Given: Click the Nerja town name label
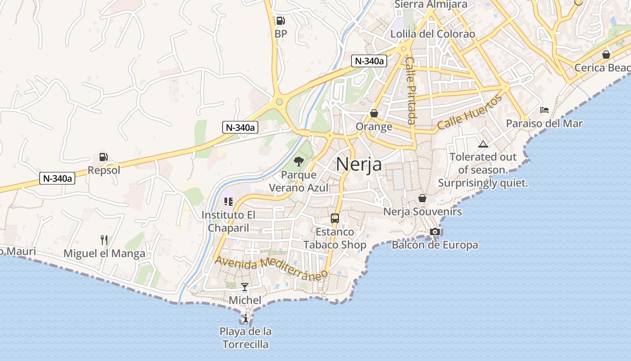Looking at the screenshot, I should coord(359,164).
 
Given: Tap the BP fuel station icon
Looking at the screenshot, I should coord(280,20).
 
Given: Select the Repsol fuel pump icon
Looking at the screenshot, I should coord(104,157).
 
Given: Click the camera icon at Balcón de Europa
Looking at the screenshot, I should coord(434,231).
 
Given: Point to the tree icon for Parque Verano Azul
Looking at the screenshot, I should coord(298,161).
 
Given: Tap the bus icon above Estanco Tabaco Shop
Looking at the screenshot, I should coord(334,218).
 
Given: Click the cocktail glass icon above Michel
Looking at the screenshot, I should coord(245,287).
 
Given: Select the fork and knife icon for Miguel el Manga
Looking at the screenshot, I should coord(104,240).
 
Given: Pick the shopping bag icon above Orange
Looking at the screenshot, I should coord(374,113).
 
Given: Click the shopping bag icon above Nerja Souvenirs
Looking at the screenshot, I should coord(422,198).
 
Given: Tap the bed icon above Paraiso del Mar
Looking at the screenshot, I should coord(544,110).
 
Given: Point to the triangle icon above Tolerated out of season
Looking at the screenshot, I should coord(483,144).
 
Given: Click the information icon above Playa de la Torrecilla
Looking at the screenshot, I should coord(245,318).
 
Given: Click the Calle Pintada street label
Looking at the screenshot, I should coord(411,90).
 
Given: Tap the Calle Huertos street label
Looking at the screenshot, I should coord(469,113).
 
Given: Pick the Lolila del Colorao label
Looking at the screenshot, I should coord(433,34).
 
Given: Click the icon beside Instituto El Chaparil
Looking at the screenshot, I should coord(228,201).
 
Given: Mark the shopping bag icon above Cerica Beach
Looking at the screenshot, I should coord(606,55).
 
